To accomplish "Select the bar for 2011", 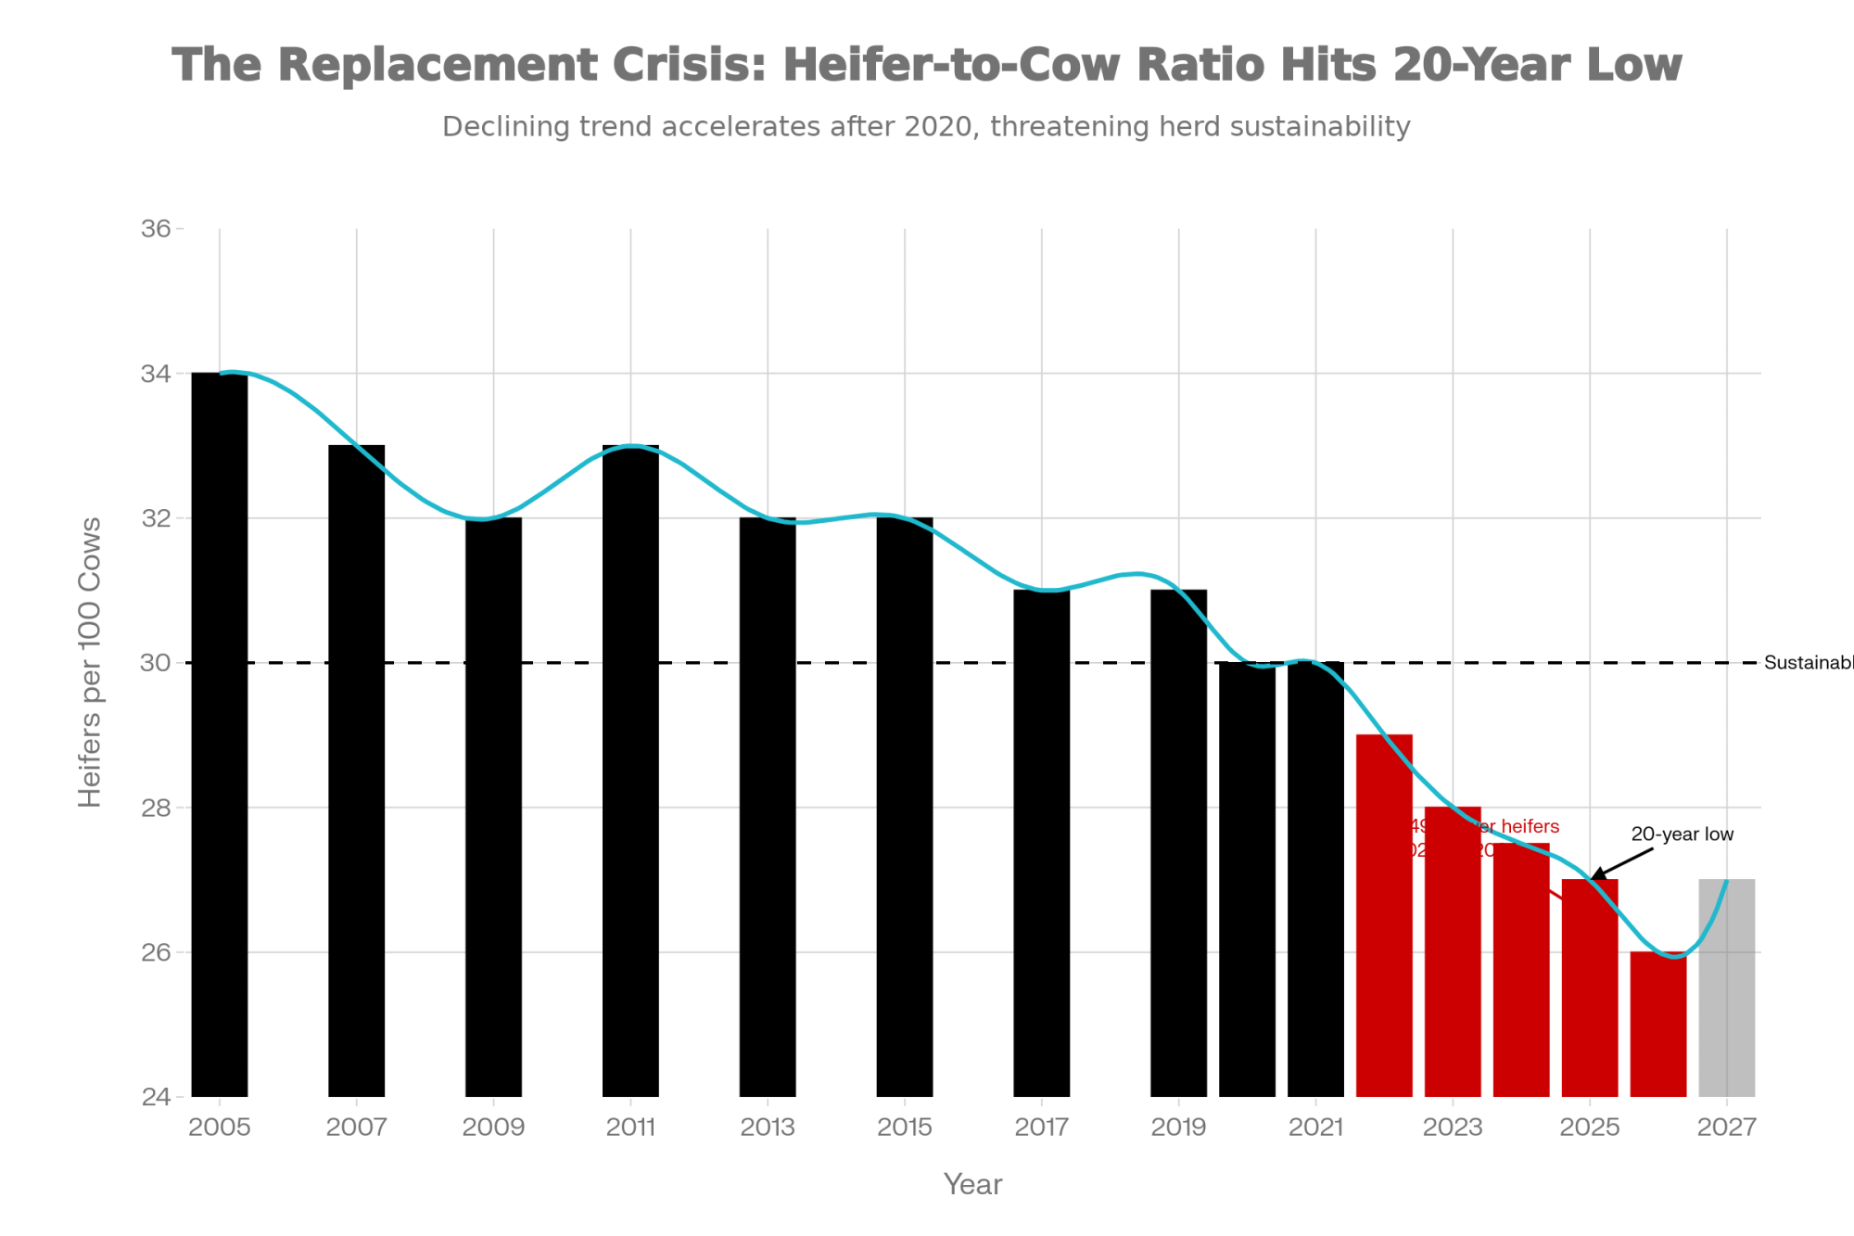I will (630, 771).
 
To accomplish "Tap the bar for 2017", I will (1041, 843).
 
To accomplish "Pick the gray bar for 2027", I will (1726, 988).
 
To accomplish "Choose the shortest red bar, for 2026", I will (1657, 1024).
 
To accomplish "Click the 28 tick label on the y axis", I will (156, 808).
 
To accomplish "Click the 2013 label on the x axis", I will (768, 1128).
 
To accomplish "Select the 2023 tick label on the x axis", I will (1453, 1128).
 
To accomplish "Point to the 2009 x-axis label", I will (493, 1128).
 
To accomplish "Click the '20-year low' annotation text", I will (1682, 835).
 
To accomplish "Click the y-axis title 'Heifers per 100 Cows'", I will (90, 662).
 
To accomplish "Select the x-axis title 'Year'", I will (972, 1184).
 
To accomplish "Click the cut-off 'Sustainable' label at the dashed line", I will (1808, 663).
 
